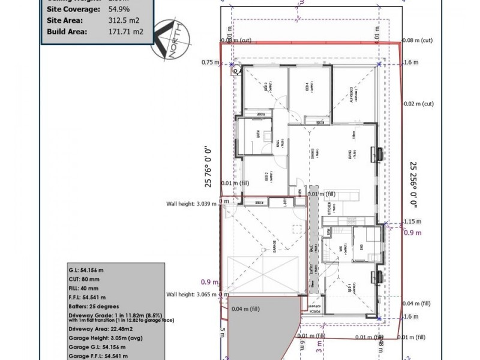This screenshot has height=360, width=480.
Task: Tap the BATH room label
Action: point(259,135)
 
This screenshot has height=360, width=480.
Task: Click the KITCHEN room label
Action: point(329,209)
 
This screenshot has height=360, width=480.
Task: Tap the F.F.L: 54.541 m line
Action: point(87,297)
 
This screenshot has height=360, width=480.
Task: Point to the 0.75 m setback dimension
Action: point(210,62)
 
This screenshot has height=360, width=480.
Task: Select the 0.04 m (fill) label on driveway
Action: point(245,309)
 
